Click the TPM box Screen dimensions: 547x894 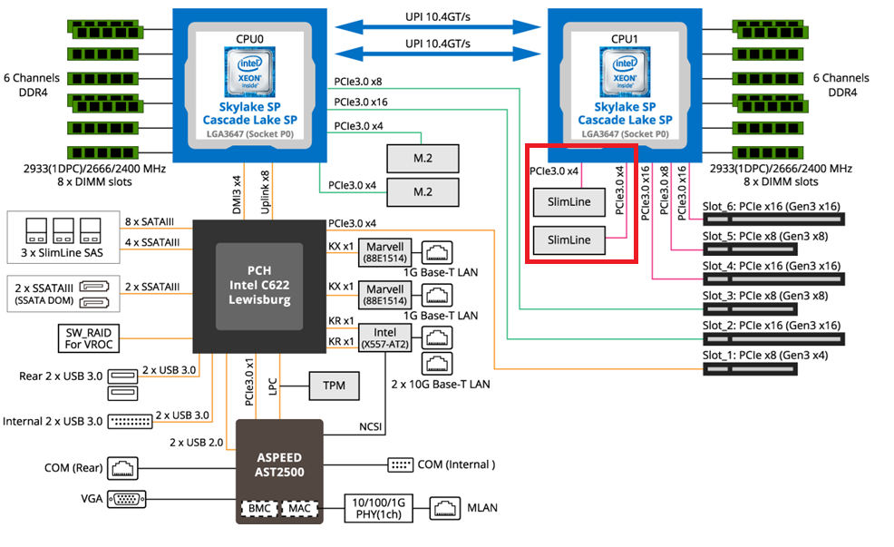(334, 386)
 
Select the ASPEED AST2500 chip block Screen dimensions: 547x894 (279, 464)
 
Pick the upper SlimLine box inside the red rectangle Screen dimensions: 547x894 (568, 202)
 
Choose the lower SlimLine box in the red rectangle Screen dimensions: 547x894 (568, 240)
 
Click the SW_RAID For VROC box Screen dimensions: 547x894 (88, 338)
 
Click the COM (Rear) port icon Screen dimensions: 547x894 (121, 468)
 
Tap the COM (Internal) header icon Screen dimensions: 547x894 (400, 464)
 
